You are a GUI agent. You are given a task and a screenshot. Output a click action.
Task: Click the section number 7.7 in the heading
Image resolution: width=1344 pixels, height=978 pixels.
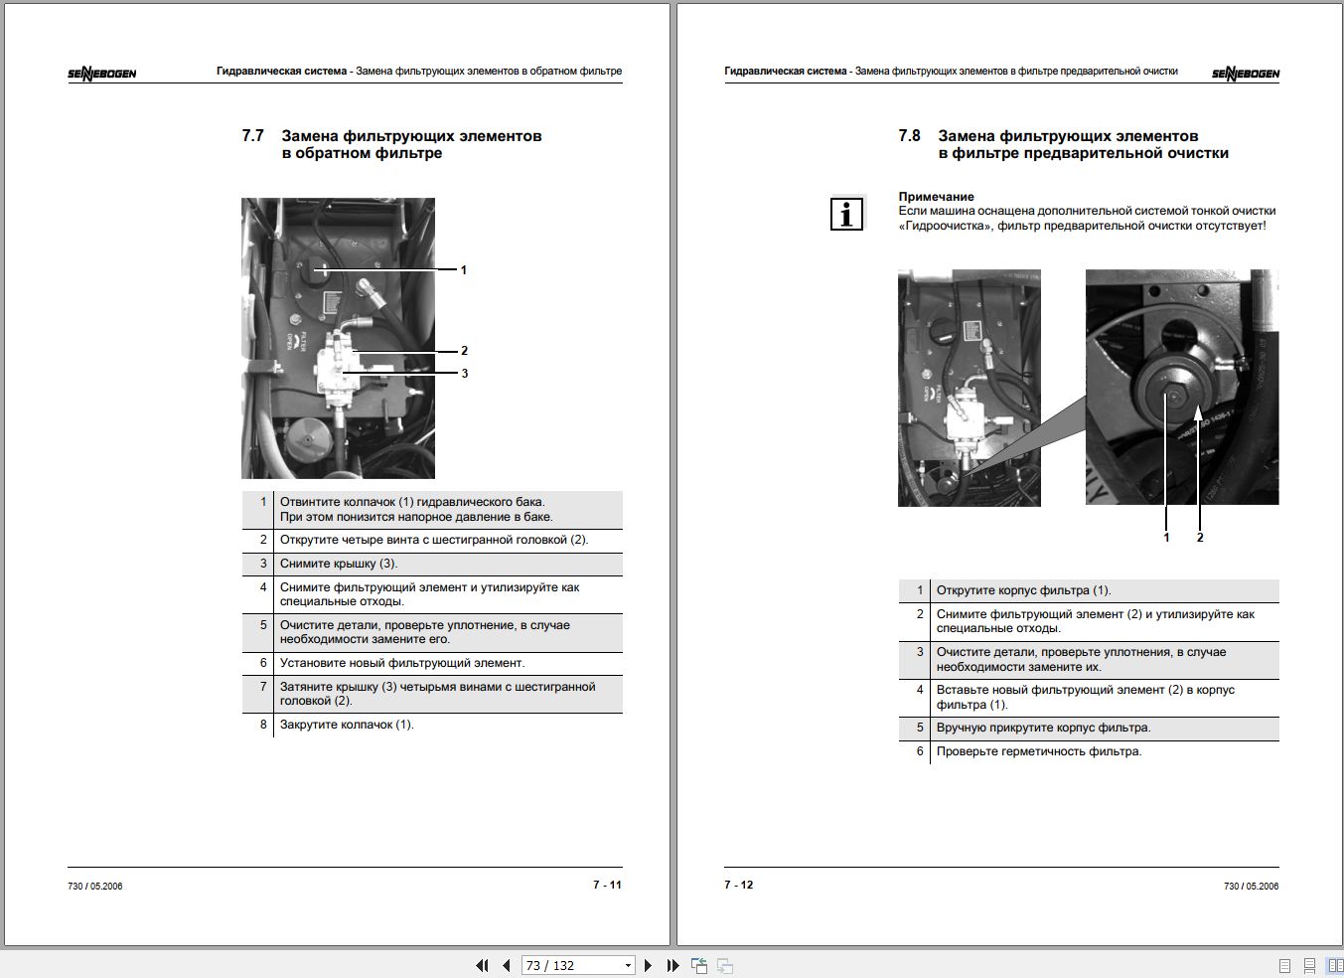(252, 136)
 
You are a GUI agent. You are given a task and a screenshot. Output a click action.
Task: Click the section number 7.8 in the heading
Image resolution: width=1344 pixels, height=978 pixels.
(909, 136)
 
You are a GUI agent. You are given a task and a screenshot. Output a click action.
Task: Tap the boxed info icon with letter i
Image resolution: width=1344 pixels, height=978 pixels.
(846, 214)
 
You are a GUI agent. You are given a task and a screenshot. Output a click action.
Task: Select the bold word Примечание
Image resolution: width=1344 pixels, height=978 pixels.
(936, 197)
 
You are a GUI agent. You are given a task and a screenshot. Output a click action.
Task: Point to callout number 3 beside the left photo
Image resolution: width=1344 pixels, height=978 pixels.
(464, 374)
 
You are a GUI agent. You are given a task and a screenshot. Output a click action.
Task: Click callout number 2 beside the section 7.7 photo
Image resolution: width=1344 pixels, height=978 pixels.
(464, 351)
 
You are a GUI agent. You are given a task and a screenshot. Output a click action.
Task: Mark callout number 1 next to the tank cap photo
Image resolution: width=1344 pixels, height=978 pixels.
(463, 270)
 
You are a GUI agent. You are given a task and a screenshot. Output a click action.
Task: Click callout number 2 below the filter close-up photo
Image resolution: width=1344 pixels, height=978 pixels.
(1200, 538)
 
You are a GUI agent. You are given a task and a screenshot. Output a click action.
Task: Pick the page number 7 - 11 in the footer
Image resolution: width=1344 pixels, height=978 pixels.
(607, 885)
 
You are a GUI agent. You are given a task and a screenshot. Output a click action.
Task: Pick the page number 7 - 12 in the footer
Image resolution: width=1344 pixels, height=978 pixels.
(739, 885)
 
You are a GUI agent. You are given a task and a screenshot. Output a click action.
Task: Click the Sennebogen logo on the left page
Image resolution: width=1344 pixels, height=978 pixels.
(102, 74)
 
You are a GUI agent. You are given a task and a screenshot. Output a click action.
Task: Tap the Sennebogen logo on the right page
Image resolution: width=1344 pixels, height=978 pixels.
(1246, 74)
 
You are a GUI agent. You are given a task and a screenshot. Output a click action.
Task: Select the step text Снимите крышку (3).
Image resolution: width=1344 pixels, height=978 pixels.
(339, 564)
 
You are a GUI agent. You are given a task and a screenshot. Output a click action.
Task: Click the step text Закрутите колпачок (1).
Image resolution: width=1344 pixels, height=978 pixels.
(347, 725)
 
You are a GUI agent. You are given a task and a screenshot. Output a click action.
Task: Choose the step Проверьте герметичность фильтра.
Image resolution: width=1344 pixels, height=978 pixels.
(1039, 751)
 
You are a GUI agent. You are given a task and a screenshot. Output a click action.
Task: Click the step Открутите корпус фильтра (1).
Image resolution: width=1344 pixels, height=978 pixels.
(1023, 590)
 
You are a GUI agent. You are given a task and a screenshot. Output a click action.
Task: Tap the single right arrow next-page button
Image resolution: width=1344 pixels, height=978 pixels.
(648, 965)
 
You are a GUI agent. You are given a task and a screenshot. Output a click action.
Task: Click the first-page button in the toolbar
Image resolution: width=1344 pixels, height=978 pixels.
(482, 965)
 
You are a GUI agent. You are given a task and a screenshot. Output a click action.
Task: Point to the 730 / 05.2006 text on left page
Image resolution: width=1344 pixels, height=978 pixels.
(95, 886)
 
